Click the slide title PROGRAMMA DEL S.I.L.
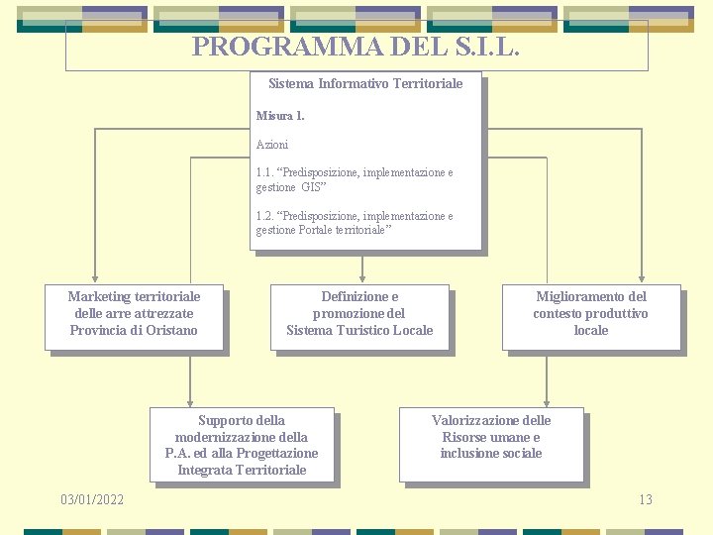[x=356, y=47]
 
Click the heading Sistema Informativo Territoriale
[x=365, y=84]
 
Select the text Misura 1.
[x=280, y=116]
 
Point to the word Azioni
[x=272, y=145]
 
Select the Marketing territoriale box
[x=134, y=317]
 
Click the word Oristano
[x=174, y=330]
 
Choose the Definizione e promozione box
[x=359, y=317]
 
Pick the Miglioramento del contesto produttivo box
[x=590, y=317]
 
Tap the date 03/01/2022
[x=92, y=499]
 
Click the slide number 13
[x=646, y=499]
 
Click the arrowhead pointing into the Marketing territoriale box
[x=94, y=279]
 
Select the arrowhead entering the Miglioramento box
[x=644, y=279]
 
